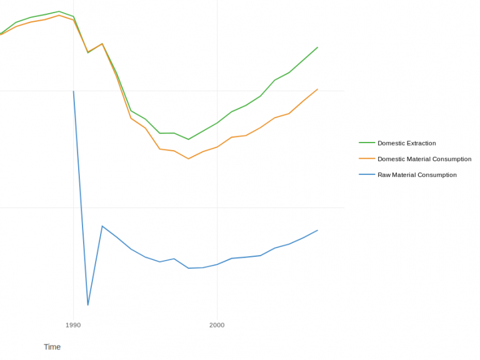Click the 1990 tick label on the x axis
click(73, 325)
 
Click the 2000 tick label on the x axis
click(217, 325)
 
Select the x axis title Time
click(52, 347)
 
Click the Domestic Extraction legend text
click(406, 143)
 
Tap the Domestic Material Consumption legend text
click(424, 159)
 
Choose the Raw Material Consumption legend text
click(417, 175)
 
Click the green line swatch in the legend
click(366, 143)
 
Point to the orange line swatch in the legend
click(366, 159)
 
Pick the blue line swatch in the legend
click(366, 175)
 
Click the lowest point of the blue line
click(88, 305)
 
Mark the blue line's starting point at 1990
click(74, 91)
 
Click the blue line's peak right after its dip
click(102, 226)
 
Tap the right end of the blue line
click(317, 230)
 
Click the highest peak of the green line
click(59, 11)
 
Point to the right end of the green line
click(317, 47)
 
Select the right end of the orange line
click(317, 89)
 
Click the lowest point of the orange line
click(188, 159)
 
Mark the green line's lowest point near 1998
click(188, 139)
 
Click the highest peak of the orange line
click(59, 15)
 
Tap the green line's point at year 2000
click(217, 123)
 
